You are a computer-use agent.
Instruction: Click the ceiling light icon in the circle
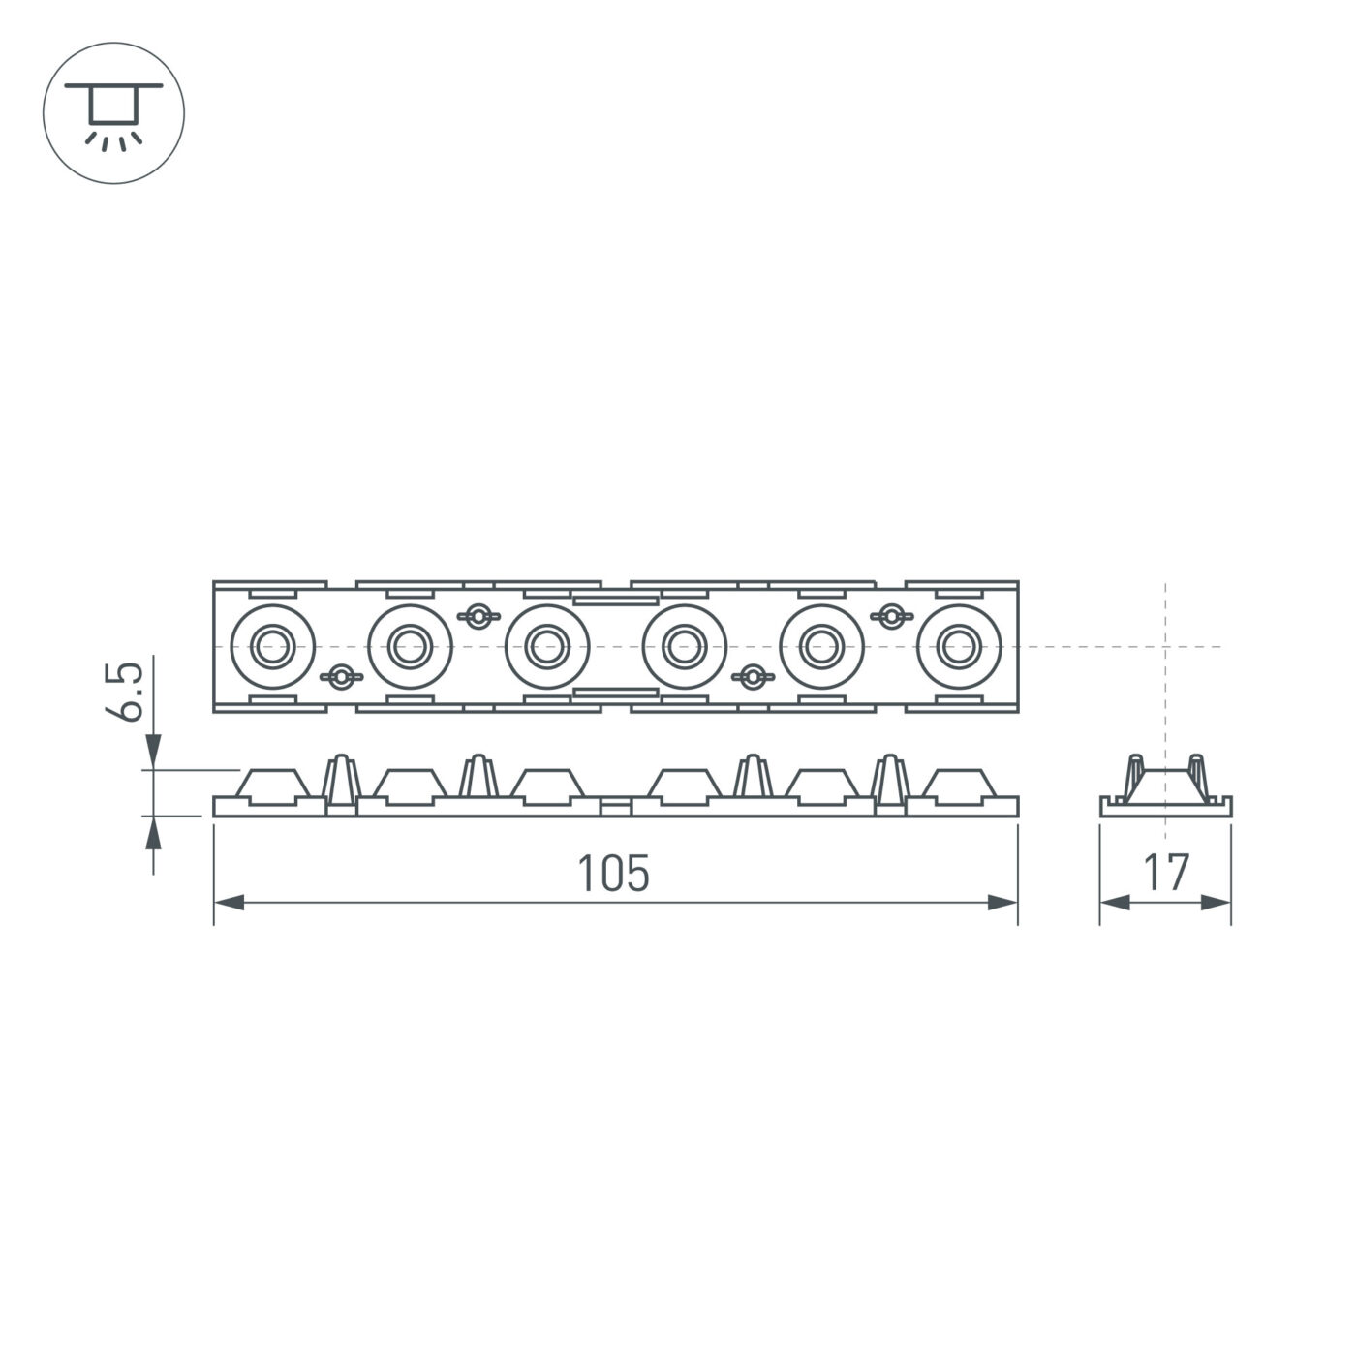click(113, 113)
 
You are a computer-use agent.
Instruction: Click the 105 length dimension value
click(613, 874)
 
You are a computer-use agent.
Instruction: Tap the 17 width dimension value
click(1165, 873)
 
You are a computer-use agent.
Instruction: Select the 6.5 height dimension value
click(127, 692)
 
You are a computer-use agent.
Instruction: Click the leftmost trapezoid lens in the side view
click(272, 786)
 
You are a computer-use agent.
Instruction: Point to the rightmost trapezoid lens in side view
click(960, 786)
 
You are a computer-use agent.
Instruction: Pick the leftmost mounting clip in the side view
click(341, 782)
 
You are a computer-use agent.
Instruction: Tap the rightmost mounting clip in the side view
click(890, 782)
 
